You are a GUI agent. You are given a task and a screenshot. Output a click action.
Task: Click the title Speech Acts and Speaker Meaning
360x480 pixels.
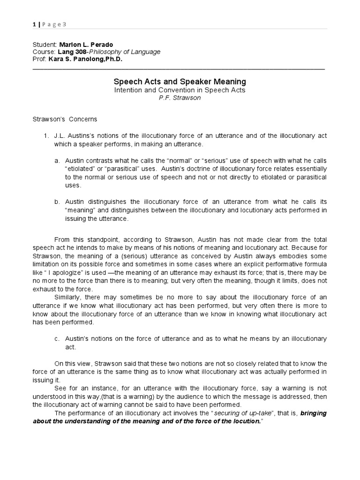180,82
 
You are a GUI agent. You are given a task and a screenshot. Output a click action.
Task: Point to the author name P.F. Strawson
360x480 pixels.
180,98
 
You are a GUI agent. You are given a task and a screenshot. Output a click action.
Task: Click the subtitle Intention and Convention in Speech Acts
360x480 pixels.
180,90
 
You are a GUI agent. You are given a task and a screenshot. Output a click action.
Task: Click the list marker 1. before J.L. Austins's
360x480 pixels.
46,135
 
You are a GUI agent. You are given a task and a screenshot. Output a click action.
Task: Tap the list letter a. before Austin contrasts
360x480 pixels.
57,160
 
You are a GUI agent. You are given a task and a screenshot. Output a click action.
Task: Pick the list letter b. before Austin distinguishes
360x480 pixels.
57,202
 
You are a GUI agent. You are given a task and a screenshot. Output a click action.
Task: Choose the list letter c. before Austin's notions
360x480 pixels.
57,338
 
